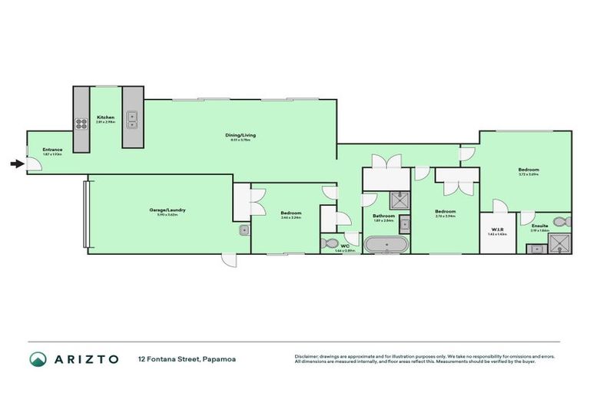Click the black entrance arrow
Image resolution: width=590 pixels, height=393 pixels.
click(16, 163)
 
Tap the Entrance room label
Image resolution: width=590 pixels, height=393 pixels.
click(52, 151)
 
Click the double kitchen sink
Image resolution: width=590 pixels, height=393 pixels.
click(131, 118)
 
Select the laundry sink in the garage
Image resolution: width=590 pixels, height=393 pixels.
click(244, 229)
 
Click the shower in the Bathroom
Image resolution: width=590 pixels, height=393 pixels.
click(399, 200)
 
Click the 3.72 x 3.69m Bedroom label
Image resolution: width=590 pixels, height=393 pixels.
click(528, 171)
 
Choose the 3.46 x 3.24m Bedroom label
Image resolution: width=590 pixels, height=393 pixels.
click(290, 214)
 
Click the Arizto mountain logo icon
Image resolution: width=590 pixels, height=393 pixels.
click(38, 358)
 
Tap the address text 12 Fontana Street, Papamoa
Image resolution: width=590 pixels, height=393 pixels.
click(181, 358)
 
